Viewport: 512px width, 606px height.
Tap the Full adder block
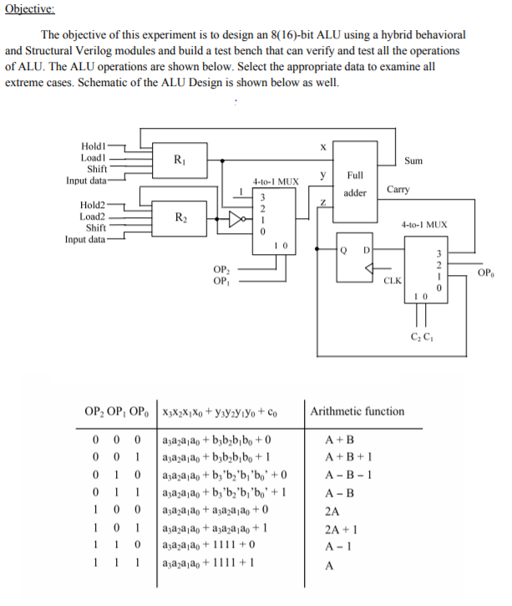pyautogui.click(x=355, y=181)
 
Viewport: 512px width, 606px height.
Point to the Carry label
pyautogui.click(x=398, y=190)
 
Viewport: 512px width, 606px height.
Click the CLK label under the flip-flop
pyautogui.click(x=391, y=281)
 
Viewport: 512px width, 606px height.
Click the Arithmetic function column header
pyautogui.click(x=357, y=411)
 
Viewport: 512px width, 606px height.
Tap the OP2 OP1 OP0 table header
pyautogui.click(x=117, y=411)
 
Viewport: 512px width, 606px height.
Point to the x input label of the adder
pyautogui.click(x=322, y=147)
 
